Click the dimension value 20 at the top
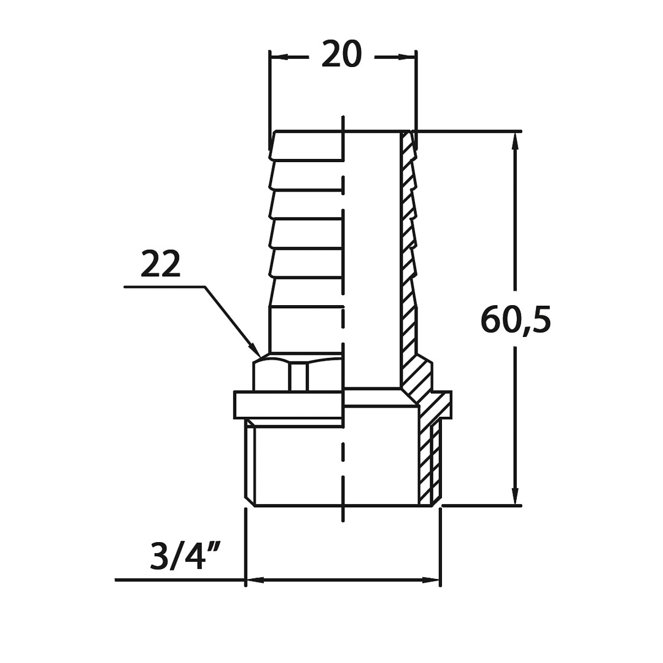(x=342, y=53)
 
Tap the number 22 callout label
(x=161, y=263)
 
